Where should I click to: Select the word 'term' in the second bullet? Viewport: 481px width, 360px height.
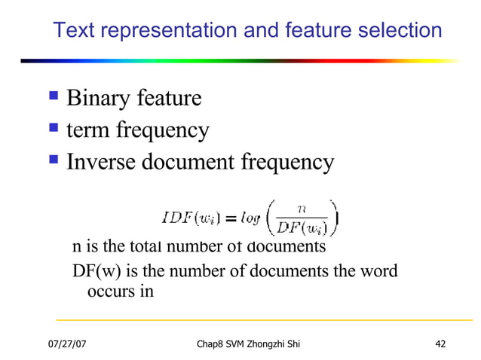tap(85, 131)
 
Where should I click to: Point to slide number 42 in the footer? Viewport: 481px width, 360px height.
tap(440, 344)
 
